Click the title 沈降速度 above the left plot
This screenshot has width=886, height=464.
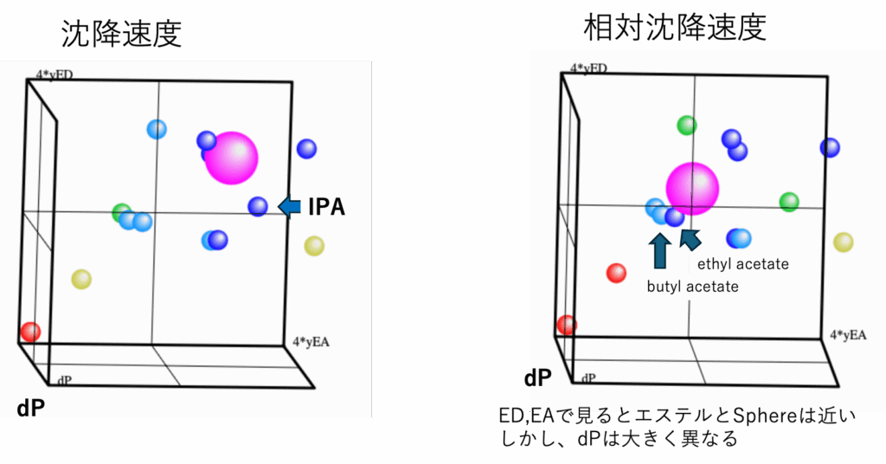(121, 34)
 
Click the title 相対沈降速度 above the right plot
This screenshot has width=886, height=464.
(675, 27)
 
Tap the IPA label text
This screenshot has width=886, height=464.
(326, 207)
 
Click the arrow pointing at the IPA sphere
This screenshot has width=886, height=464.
(289, 207)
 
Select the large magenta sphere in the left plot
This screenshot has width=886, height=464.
(231, 158)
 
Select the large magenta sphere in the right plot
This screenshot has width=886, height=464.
(692, 189)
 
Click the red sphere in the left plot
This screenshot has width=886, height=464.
(30, 332)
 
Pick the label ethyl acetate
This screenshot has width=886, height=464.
(742, 264)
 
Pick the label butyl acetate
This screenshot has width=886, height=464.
(693, 287)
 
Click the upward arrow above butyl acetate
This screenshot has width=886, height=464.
(660, 251)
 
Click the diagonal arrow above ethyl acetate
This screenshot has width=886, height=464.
(690, 239)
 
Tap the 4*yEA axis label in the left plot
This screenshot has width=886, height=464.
(311, 342)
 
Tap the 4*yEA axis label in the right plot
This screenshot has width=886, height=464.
(848, 335)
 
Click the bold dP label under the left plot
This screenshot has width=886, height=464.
(30, 408)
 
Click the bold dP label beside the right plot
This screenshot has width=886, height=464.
(538, 378)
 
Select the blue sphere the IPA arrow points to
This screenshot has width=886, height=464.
(258, 206)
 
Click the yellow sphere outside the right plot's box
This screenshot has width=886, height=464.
(843, 242)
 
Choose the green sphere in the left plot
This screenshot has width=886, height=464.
(121, 212)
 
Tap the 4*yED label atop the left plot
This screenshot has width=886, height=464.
(55, 74)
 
